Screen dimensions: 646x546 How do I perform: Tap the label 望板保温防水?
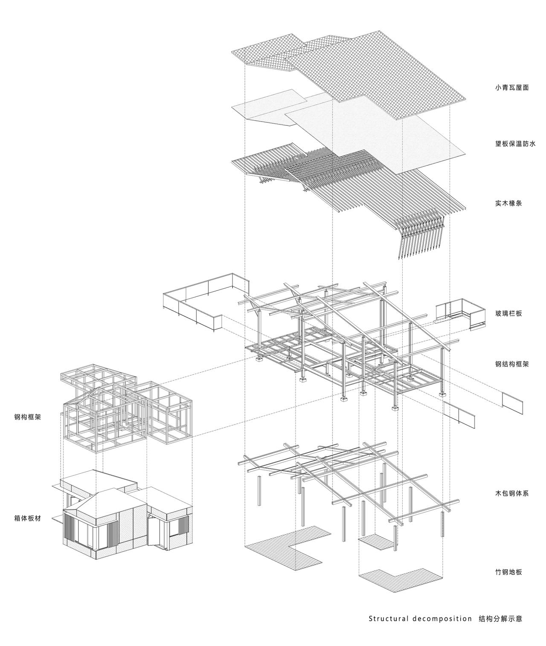pyautogui.click(x=515, y=144)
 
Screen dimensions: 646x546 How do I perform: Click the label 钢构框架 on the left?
pyautogui.click(x=28, y=417)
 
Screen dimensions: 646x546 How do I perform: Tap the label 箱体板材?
pyautogui.click(x=28, y=519)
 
